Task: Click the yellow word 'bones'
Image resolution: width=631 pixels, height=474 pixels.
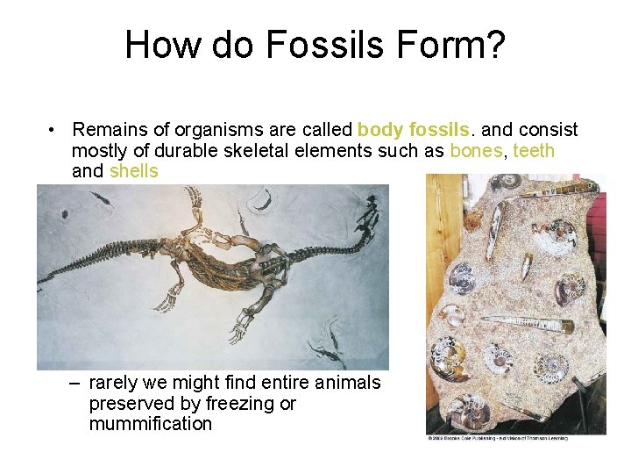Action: (x=476, y=150)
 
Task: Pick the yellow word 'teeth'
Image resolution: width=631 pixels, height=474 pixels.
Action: (x=534, y=150)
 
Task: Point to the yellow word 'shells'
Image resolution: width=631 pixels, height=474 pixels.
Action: (x=133, y=170)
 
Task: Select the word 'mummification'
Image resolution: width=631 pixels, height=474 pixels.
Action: (x=150, y=424)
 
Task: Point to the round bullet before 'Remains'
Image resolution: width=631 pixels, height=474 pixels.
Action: (x=54, y=130)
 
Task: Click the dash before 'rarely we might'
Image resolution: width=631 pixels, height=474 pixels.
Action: (x=74, y=384)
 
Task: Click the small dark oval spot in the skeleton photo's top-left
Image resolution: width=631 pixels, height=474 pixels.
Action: (x=64, y=213)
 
